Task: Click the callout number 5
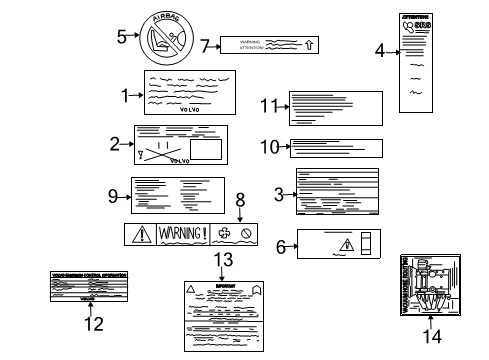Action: [x=121, y=37]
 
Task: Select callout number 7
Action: [x=206, y=45]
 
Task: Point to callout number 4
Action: [x=380, y=50]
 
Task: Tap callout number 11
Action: [x=266, y=106]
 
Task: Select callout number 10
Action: [x=267, y=146]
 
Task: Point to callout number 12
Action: [x=93, y=323]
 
